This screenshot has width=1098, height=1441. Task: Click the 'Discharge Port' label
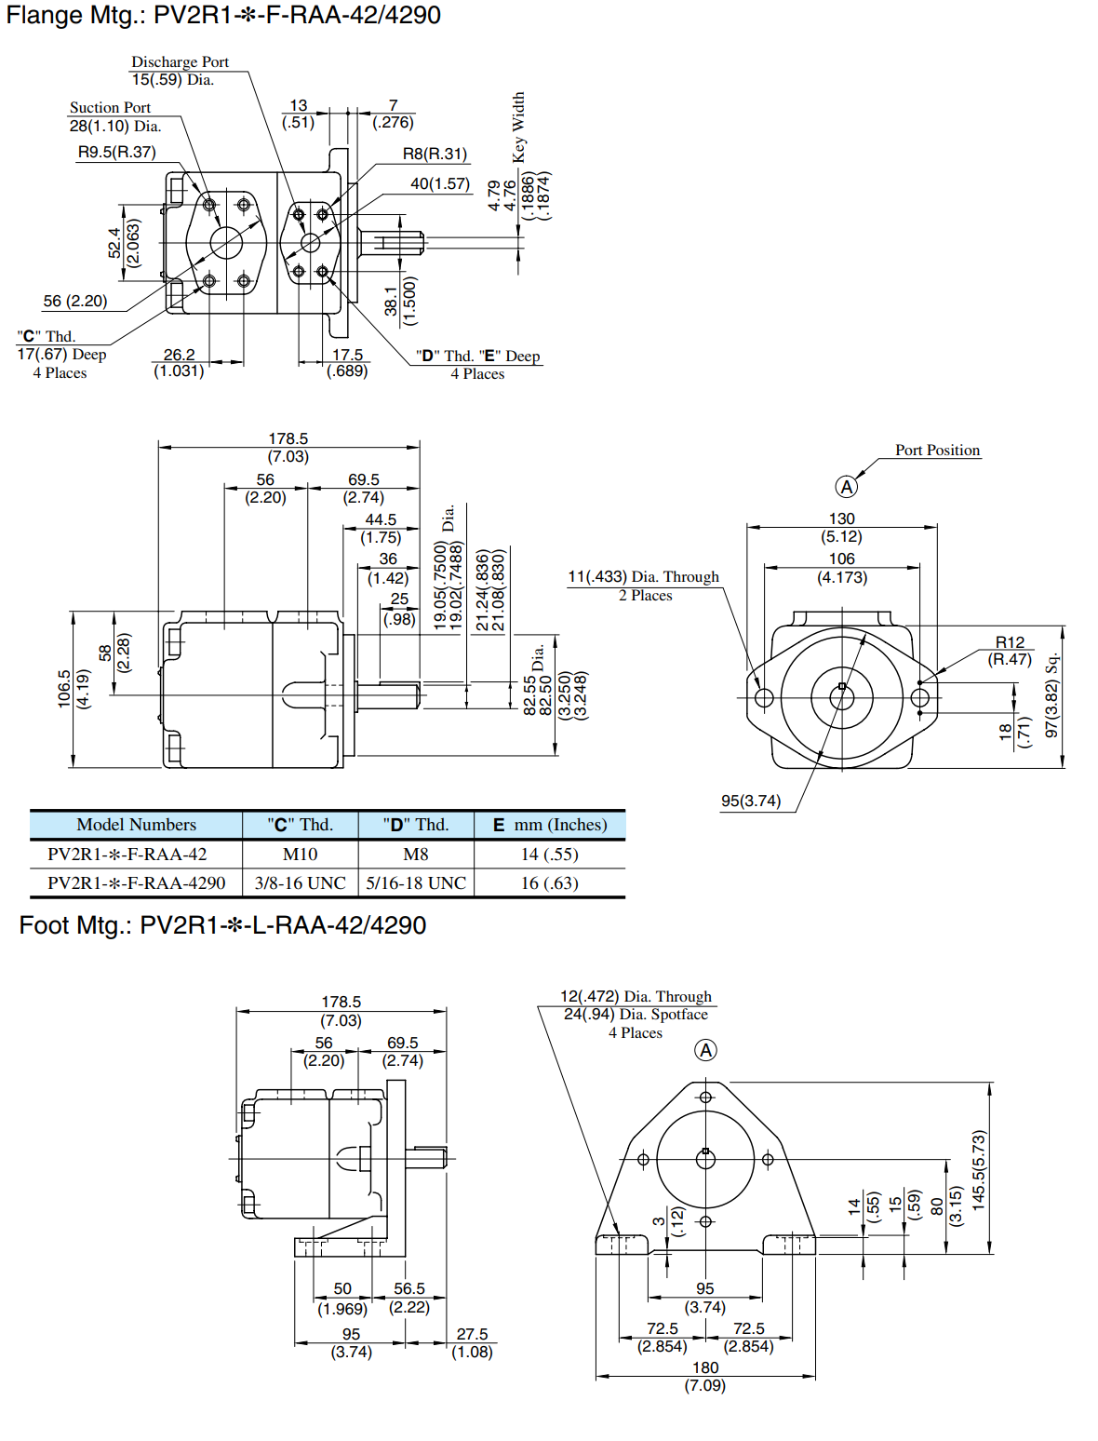[x=180, y=62]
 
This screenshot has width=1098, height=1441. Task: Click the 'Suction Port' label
[x=110, y=108]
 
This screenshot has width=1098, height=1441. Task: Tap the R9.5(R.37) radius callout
[x=116, y=152]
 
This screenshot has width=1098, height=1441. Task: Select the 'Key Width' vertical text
[x=518, y=127]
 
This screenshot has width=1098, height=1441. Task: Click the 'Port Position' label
[x=937, y=451]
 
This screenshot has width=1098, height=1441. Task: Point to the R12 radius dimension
[x=1010, y=642]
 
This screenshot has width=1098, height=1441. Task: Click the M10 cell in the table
[x=300, y=855]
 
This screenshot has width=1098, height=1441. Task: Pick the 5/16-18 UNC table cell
[x=416, y=883]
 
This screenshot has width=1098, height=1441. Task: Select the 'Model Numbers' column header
[x=136, y=825]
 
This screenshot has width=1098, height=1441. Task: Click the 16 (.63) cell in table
[x=549, y=883]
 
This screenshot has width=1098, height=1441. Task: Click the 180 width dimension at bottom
[x=705, y=1367]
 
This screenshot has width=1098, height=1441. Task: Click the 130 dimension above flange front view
[x=841, y=519]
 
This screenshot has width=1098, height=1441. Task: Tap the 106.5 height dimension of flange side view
[x=64, y=689]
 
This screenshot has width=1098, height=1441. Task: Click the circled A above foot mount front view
[x=706, y=1051]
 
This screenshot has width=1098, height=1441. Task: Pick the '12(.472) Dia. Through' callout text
[x=636, y=997]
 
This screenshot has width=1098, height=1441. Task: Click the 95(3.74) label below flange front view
[x=750, y=801]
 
